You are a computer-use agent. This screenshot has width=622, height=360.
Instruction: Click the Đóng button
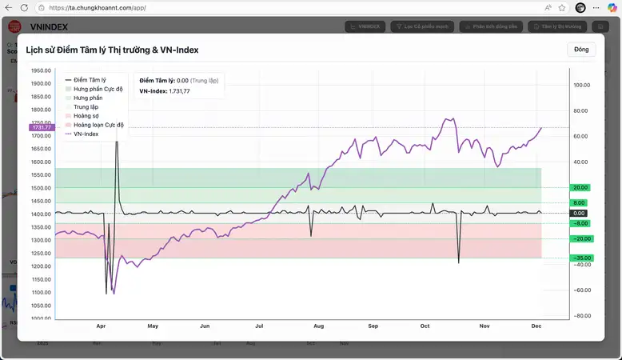[581, 50]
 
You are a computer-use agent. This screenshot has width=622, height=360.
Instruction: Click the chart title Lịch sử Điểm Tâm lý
[112, 50]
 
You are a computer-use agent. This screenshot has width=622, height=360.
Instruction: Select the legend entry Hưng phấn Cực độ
[98, 89]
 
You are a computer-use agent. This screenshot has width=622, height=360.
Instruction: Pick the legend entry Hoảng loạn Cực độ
[98, 125]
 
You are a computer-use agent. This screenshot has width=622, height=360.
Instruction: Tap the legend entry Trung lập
[86, 106]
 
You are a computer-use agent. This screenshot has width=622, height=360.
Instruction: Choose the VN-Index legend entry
[86, 134]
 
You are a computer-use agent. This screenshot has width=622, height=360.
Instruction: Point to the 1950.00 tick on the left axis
[42, 70]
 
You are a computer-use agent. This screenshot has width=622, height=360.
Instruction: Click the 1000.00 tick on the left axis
[42, 318]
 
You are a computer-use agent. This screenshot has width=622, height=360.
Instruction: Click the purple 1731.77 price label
[41, 127]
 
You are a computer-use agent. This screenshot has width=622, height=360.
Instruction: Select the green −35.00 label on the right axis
[580, 258]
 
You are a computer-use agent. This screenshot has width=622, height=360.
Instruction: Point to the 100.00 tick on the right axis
[581, 84]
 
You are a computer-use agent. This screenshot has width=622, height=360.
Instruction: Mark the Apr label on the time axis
[101, 326]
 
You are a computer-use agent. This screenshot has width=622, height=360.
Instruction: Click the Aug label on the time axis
[318, 326]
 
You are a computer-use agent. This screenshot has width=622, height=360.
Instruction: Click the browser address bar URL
[98, 8]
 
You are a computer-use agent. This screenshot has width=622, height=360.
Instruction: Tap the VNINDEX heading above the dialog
[47, 26]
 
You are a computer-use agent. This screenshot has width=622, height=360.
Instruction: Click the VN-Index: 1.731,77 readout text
[165, 91]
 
